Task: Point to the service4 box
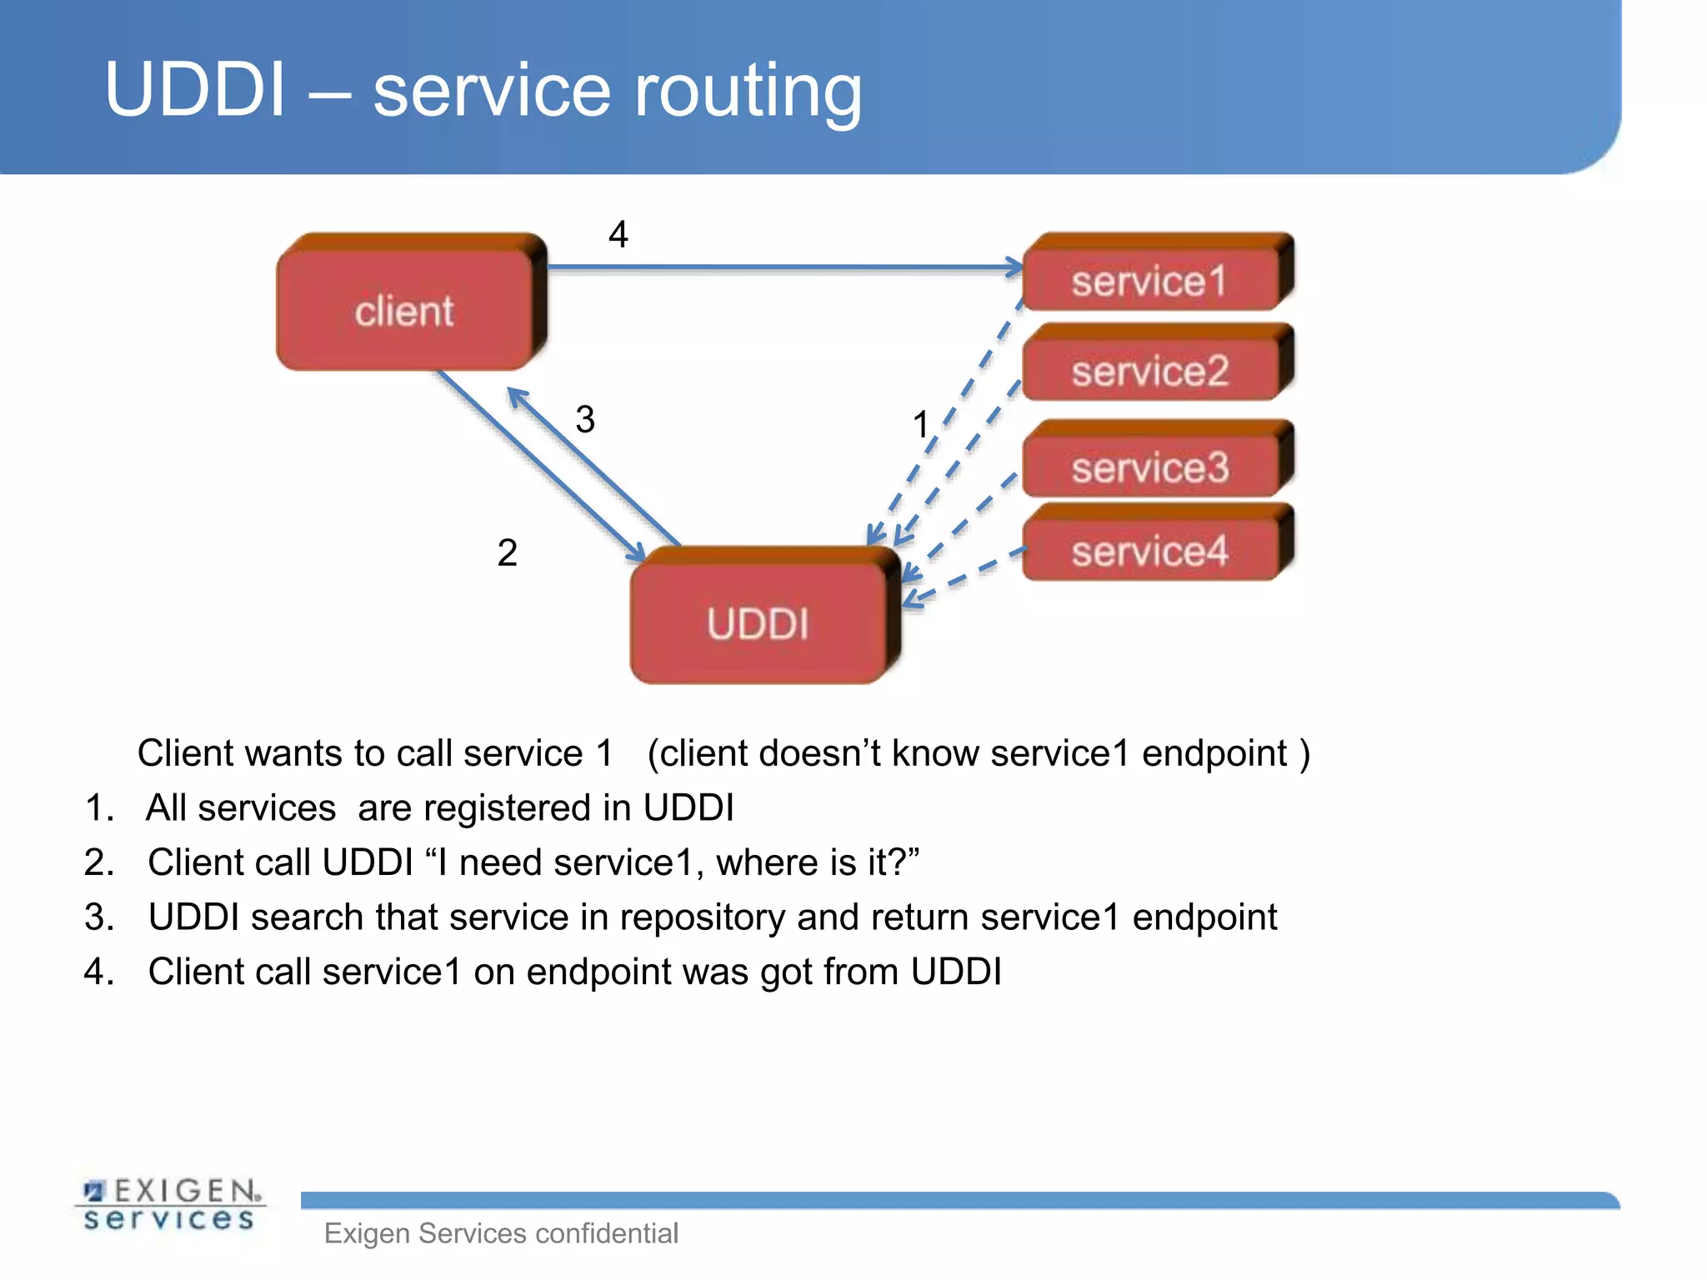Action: tap(1150, 550)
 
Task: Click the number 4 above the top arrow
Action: tap(618, 234)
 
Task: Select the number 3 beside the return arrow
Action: tap(585, 419)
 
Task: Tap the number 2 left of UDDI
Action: tap(507, 552)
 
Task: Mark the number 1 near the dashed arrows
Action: tap(920, 424)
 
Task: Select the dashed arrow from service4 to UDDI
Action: tap(967, 575)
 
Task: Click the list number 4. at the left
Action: tap(98, 972)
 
